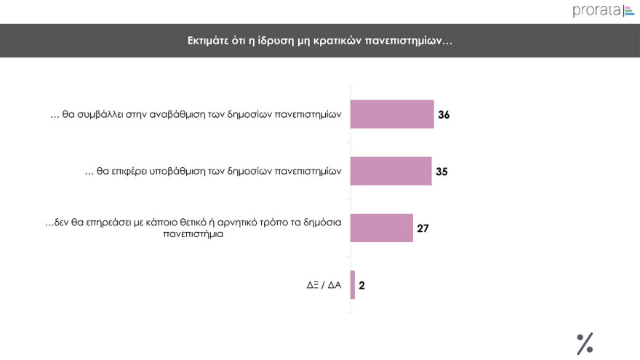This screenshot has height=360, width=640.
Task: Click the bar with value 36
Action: point(392,114)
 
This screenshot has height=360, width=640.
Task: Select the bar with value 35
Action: point(391,171)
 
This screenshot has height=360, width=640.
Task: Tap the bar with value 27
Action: point(382,228)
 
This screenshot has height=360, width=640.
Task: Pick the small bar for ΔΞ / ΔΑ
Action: point(353,284)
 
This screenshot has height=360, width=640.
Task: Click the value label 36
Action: point(444,115)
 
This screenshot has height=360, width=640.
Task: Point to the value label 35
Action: point(441,172)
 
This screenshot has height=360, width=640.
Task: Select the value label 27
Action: point(423,228)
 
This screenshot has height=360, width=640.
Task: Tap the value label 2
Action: point(361,285)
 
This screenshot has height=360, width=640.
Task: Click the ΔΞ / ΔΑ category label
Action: point(324,285)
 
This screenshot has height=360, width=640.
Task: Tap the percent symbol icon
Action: point(585,343)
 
